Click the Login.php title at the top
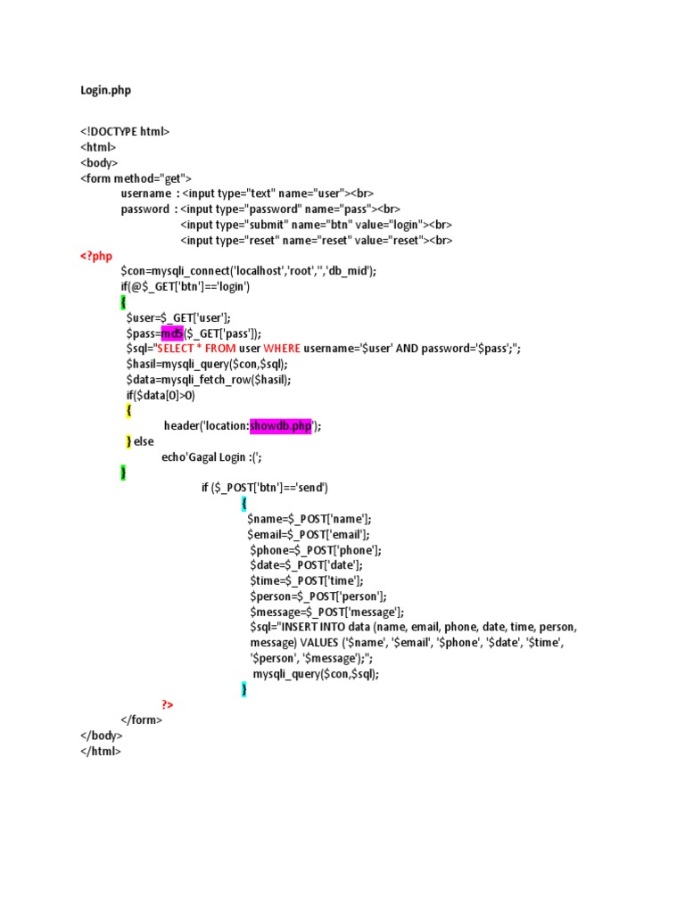click(x=105, y=91)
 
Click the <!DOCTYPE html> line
click(x=125, y=132)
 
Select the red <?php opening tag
click(x=97, y=256)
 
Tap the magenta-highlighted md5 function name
click(x=172, y=333)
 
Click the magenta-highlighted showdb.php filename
click(x=281, y=426)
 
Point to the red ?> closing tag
click(x=167, y=704)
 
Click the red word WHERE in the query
click(x=283, y=349)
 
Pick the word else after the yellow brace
click(x=144, y=441)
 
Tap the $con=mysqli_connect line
click(x=249, y=271)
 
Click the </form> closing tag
click(x=142, y=720)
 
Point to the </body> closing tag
click(x=102, y=736)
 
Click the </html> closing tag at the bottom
click(x=100, y=751)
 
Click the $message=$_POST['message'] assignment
click(x=327, y=612)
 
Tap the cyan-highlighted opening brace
click(x=244, y=504)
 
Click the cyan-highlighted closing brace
click(x=244, y=689)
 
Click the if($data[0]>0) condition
click(x=161, y=395)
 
